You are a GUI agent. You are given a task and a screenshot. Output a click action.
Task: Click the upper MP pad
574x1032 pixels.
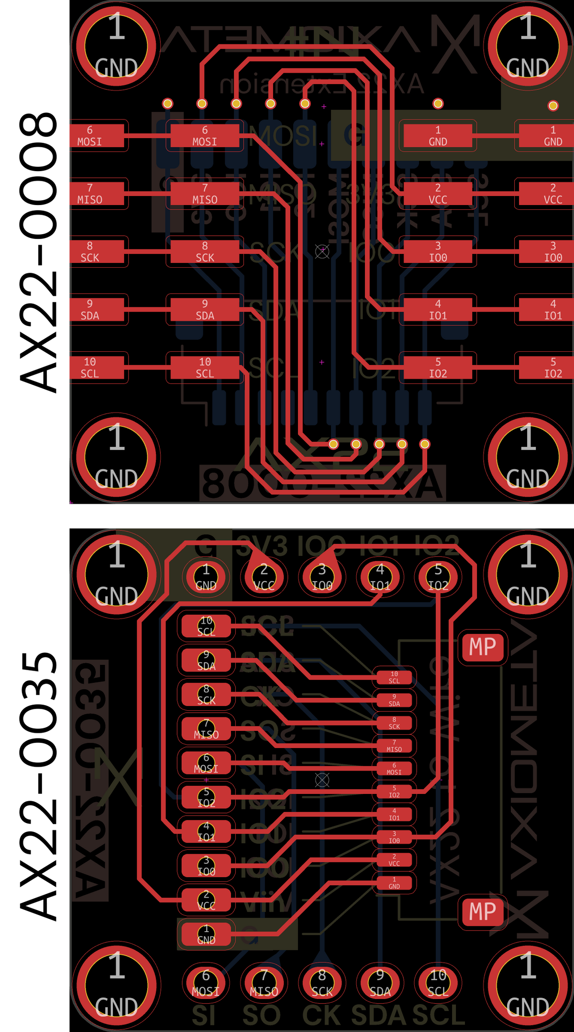[483, 647]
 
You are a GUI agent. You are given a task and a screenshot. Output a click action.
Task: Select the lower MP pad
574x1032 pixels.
[483, 912]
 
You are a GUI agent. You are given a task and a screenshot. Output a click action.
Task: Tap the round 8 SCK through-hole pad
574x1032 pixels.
[322, 982]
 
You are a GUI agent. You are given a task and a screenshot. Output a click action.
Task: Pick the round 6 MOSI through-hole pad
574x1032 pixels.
[206, 982]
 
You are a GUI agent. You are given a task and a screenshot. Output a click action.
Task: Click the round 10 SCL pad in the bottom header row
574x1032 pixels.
[438, 982]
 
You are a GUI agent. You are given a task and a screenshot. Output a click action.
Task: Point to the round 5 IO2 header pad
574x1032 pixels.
[438, 577]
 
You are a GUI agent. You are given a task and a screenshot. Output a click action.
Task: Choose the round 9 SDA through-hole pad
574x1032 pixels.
[380, 982]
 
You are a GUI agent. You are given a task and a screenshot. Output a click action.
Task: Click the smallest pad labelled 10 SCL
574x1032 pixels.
[394, 677]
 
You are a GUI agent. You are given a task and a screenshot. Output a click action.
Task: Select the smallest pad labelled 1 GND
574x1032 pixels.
[394, 883]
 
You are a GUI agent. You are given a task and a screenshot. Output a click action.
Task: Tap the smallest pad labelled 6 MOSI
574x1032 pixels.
[394, 769]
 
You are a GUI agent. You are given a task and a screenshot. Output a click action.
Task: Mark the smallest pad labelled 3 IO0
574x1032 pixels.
[394, 837]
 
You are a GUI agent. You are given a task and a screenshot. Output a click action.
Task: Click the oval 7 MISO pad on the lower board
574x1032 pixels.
[206, 729]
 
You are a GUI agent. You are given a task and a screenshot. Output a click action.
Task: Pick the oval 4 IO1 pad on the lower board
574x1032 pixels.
[206, 832]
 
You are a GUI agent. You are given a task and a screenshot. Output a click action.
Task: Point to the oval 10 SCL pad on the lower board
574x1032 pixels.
[206, 626]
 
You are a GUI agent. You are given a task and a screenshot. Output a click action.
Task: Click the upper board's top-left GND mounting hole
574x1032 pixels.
[116, 46]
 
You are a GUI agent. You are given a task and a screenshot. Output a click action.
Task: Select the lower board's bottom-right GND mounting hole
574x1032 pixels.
[528, 986]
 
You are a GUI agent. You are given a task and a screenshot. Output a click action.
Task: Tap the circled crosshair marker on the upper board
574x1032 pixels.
[322, 251]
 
